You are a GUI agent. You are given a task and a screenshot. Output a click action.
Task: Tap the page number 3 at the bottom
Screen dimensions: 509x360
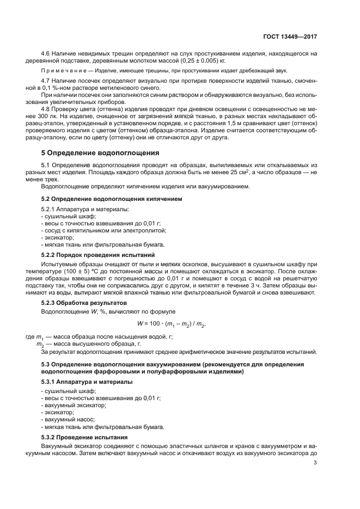(x=315, y=463)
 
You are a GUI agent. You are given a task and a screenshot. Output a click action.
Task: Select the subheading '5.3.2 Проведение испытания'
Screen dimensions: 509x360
(x=84, y=437)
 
